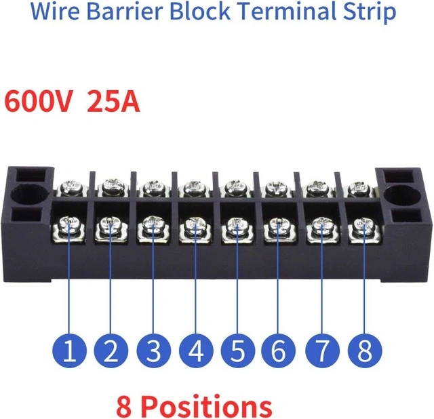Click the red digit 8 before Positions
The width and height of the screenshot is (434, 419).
click(x=124, y=407)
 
